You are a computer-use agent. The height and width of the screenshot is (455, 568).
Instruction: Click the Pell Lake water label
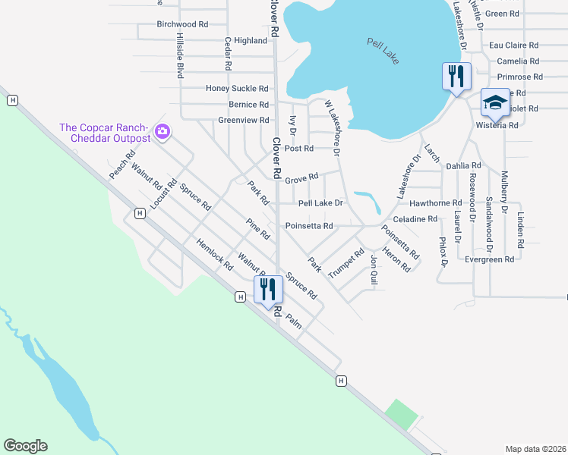[383, 51]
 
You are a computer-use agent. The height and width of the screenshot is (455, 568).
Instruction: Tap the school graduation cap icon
[495, 102]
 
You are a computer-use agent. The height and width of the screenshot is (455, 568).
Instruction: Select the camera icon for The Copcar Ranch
[162, 133]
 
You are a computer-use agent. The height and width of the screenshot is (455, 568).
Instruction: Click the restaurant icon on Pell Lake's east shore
[456, 76]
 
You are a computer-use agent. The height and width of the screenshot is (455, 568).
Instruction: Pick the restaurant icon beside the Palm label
[268, 289]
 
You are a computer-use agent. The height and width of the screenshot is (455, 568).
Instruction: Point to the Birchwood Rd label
[182, 24]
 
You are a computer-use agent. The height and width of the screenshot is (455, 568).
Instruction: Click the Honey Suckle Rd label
[238, 89]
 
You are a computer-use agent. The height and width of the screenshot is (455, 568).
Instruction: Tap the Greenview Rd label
[244, 121]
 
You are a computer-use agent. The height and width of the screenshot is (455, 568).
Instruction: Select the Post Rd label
[299, 149]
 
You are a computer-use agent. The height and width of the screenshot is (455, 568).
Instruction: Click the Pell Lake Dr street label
[320, 203]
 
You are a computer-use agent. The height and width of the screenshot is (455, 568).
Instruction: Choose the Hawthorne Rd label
[435, 203]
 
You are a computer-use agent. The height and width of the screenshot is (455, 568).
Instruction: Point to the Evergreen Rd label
[490, 259]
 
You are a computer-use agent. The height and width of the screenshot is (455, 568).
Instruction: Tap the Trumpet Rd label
[347, 262]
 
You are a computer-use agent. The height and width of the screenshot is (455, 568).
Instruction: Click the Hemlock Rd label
[214, 252]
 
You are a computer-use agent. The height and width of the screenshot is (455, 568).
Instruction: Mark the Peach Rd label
[121, 164]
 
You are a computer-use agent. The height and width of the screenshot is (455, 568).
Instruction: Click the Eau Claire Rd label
[514, 45]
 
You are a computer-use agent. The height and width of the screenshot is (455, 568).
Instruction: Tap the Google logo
[25, 446]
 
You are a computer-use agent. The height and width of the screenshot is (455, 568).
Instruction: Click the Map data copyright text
[535, 449]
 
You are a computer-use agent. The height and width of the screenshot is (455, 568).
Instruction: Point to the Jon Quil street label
[374, 270]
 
